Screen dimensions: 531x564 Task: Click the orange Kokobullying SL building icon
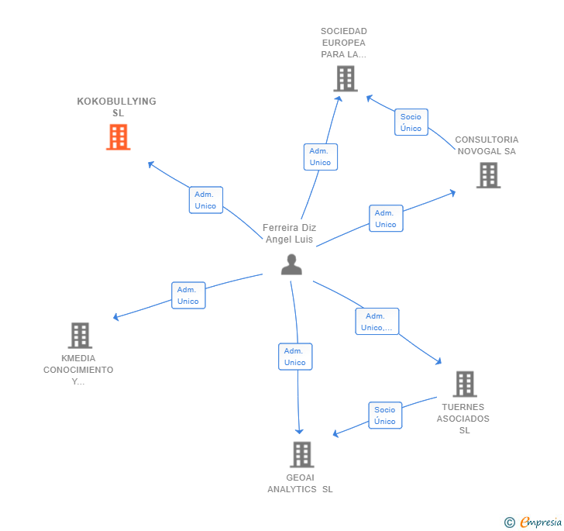[118, 137]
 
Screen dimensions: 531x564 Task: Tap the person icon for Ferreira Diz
[291, 264]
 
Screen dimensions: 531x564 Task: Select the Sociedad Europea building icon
[345, 78]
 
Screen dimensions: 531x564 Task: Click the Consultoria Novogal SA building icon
[488, 175]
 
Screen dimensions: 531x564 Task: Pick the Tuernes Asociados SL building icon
[464, 384]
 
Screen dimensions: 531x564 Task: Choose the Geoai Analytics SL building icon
[301, 454]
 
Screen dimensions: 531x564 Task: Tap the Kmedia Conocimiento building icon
[80, 336]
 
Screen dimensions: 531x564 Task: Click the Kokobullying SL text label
[117, 107]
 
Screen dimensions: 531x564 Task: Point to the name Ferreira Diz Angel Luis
[290, 233]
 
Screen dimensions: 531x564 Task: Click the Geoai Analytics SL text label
[300, 483]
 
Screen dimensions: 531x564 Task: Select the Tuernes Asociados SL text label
[463, 419]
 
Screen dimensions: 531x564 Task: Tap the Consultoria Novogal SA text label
[487, 146]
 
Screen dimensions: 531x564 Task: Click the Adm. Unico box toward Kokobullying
[205, 200]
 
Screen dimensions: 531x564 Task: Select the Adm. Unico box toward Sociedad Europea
[320, 157]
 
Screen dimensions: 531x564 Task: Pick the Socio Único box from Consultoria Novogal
[411, 122]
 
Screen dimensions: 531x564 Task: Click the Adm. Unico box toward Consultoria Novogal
[385, 219]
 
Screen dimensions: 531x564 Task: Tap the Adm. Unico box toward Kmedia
[187, 295]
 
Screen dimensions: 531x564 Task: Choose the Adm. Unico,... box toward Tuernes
[377, 322]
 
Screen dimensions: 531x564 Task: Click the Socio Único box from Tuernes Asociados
[384, 415]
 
